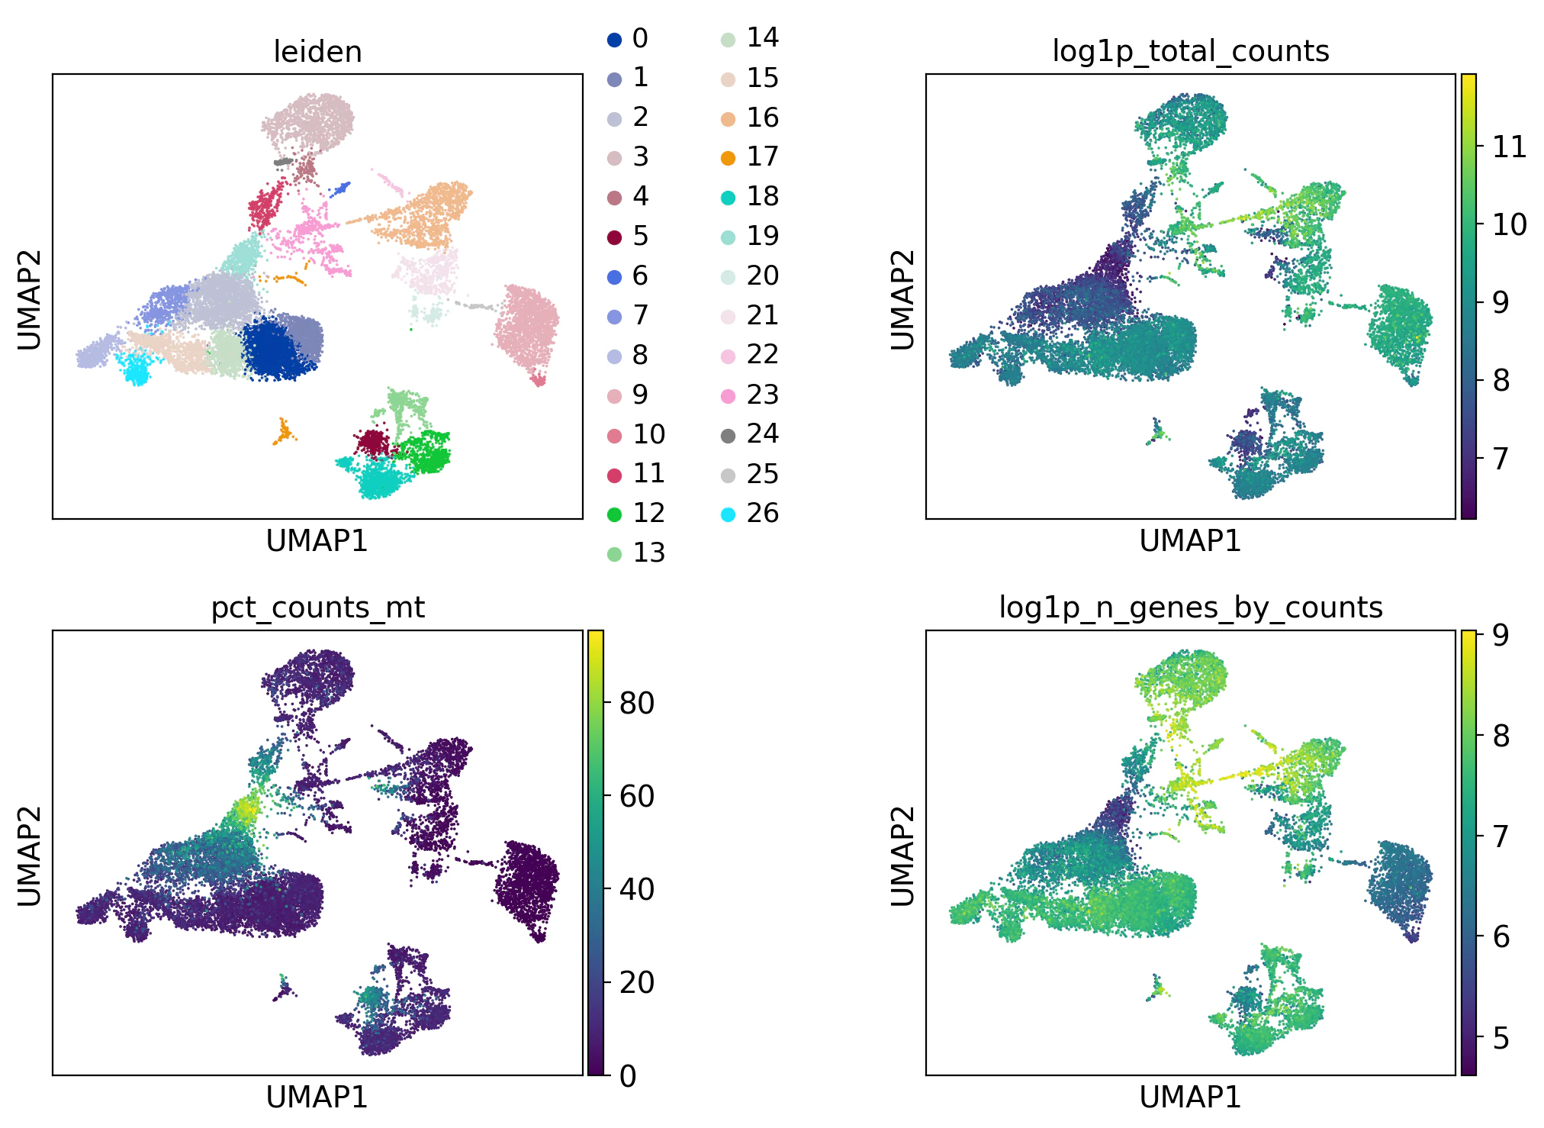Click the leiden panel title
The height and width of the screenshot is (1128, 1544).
(317, 52)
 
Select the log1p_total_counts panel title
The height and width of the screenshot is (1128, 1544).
(1190, 52)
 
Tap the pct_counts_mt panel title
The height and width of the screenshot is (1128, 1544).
(317, 608)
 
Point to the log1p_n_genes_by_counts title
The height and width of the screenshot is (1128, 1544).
(1190, 608)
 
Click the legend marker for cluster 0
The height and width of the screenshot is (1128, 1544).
(615, 39)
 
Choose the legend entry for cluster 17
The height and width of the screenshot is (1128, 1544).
(729, 157)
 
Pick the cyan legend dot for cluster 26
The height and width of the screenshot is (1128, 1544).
(729, 514)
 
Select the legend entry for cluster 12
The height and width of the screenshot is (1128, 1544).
(615, 514)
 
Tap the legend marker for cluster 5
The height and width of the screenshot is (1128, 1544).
(615, 237)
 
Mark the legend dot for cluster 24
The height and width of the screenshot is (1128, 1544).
(729, 435)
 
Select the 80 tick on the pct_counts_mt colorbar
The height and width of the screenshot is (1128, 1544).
(636, 703)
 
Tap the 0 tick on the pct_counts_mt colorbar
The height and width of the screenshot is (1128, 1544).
(627, 1075)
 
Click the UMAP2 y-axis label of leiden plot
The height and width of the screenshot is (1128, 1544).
(29, 299)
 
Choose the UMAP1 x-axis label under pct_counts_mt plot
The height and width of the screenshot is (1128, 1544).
(317, 1097)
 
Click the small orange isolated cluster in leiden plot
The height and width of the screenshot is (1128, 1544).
(284, 433)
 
